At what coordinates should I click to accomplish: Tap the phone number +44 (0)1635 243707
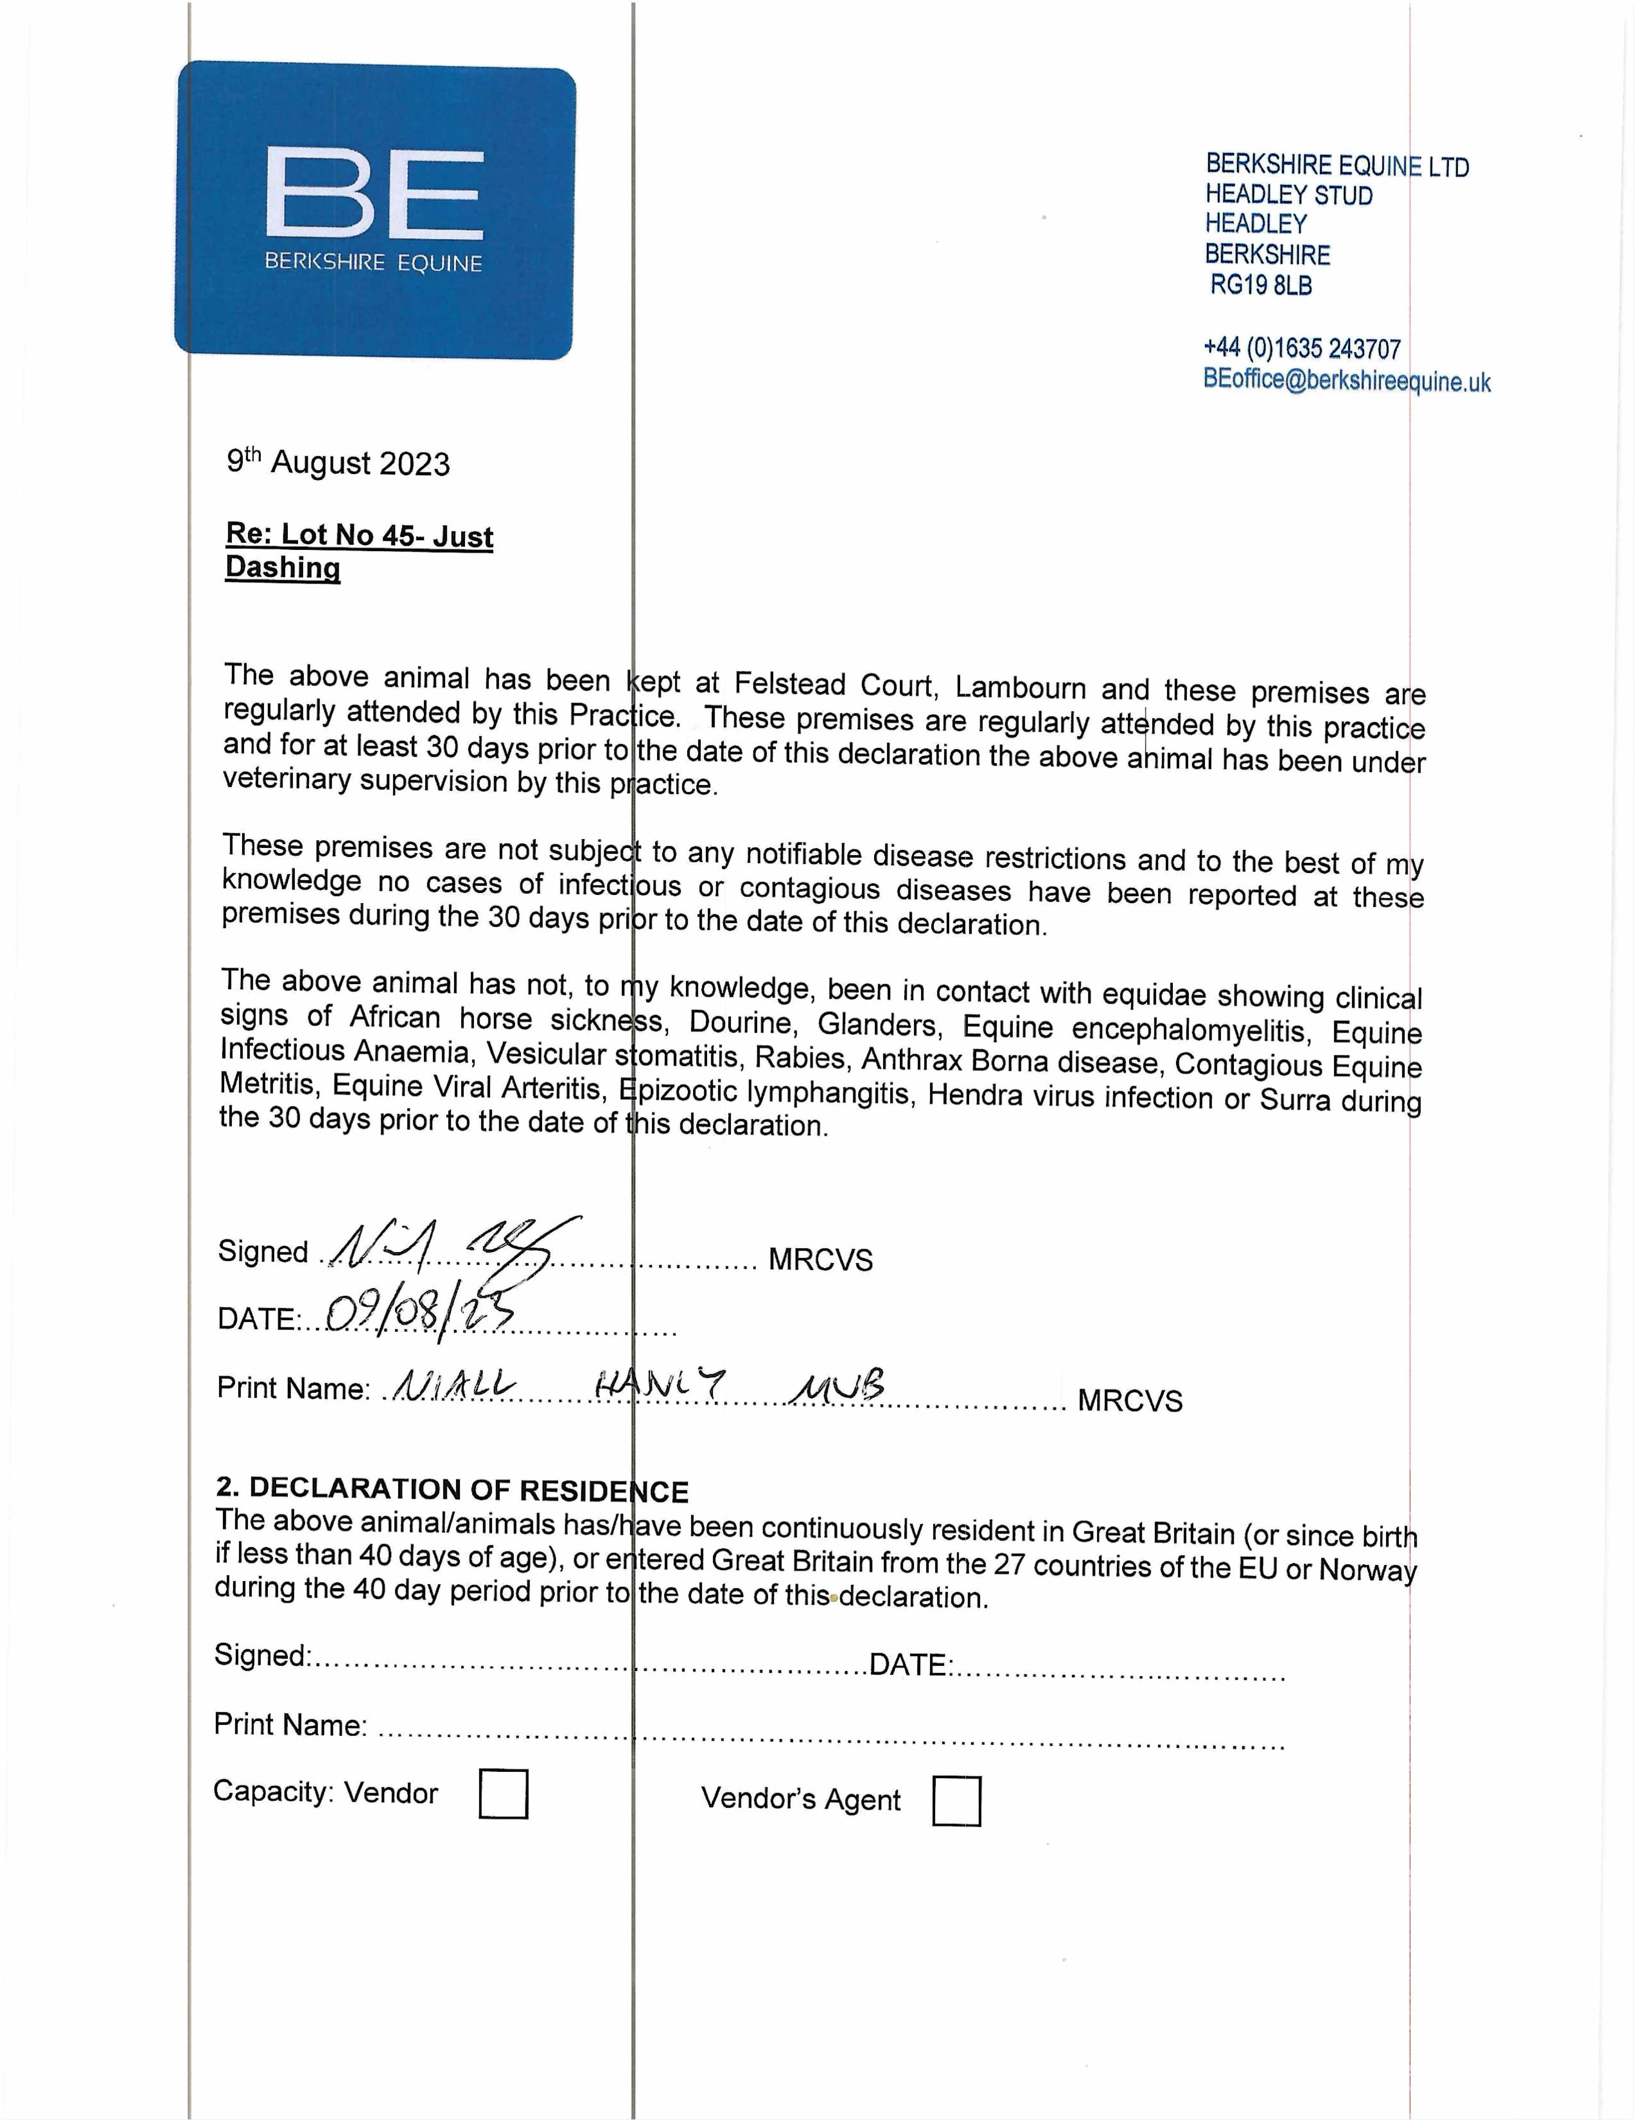coord(1301,349)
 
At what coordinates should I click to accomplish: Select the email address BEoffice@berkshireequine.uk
coord(1346,380)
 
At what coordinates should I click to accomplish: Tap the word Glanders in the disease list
coord(876,1024)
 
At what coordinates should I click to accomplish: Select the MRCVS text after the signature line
coord(820,1260)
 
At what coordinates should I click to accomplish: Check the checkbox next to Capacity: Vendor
coord(504,1794)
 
